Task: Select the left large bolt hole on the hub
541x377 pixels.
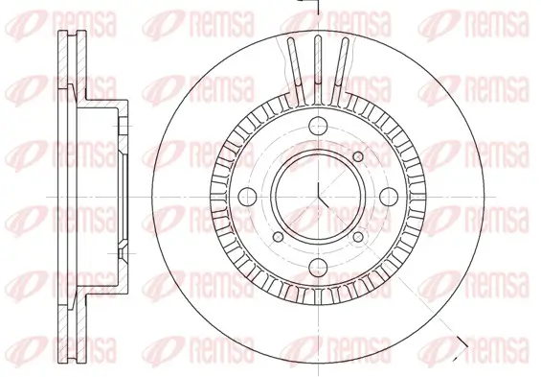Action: (244, 197)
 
